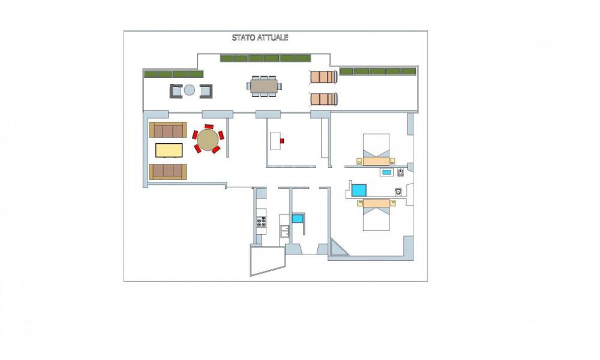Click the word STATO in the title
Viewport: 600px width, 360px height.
click(x=244, y=37)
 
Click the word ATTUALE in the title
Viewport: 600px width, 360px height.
click(x=273, y=37)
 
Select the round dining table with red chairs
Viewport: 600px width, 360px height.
click(x=208, y=139)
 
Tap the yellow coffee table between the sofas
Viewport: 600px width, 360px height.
click(x=169, y=150)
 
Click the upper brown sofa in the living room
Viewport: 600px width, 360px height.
click(x=168, y=130)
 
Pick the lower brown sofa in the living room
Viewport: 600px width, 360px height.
click(x=167, y=172)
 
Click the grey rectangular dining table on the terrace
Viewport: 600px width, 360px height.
click(x=264, y=86)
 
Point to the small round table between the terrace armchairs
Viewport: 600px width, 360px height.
click(x=190, y=90)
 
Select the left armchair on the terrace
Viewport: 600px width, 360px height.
click(x=176, y=91)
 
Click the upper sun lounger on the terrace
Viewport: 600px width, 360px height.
click(x=324, y=77)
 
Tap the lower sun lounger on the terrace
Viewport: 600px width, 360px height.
click(x=324, y=100)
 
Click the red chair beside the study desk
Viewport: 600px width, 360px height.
click(x=282, y=141)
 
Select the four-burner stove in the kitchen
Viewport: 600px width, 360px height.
click(x=262, y=221)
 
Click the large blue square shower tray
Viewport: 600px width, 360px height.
click(x=359, y=190)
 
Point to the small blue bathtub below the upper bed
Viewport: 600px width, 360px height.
click(x=387, y=172)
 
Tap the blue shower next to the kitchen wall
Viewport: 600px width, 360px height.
click(x=298, y=218)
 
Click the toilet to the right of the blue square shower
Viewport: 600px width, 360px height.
click(x=399, y=191)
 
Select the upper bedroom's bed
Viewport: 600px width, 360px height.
click(x=376, y=149)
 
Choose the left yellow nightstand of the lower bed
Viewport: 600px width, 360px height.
click(x=360, y=203)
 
